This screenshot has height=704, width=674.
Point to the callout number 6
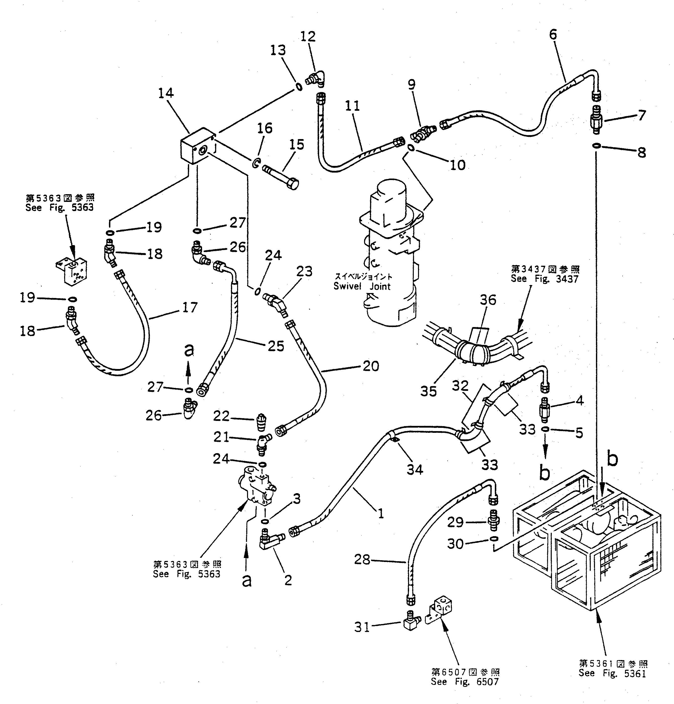(553, 35)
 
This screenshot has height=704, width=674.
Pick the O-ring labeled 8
(596, 146)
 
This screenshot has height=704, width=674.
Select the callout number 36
(488, 300)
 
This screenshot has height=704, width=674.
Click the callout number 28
(362, 559)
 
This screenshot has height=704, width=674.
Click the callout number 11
(352, 106)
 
